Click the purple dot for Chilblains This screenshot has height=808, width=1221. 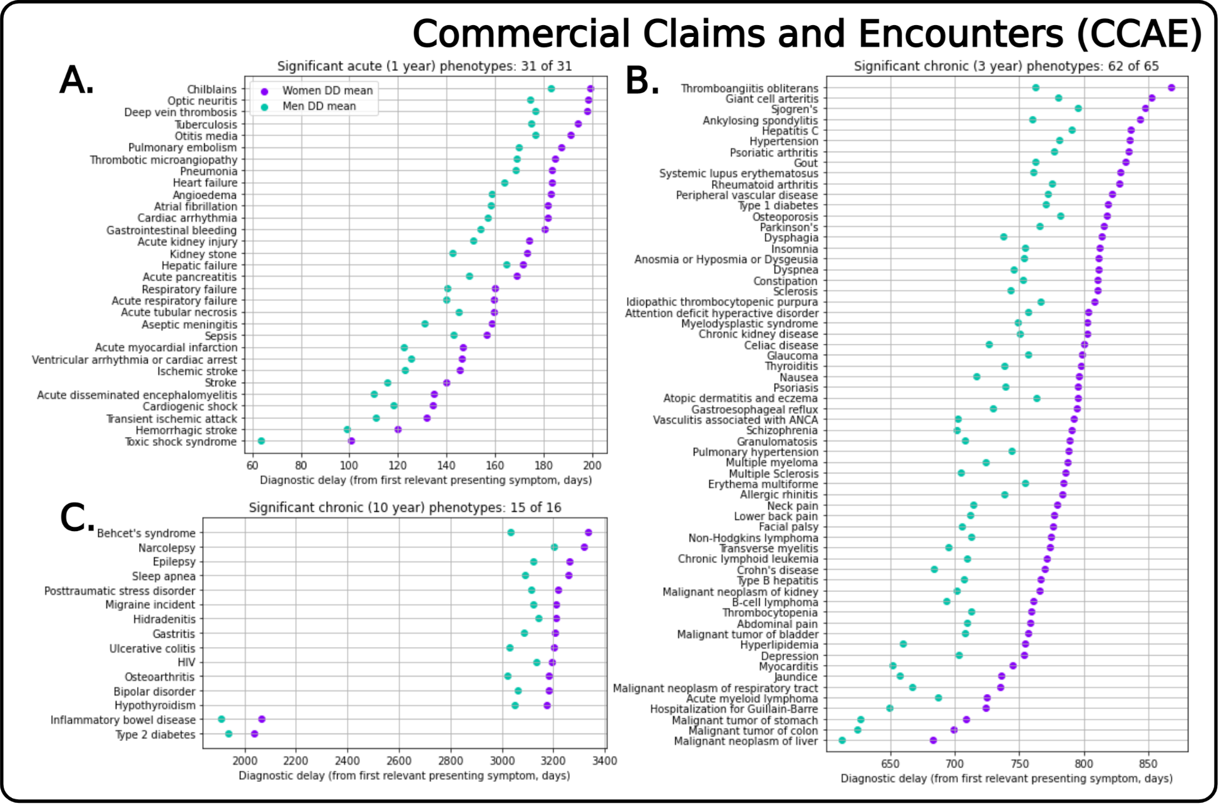[x=590, y=89]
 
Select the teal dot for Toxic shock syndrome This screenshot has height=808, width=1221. [x=261, y=442]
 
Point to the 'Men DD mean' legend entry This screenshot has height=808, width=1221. [x=319, y=106]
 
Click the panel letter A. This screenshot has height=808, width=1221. [x=76, y=81]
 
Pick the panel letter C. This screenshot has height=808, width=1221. [x=76, y=519]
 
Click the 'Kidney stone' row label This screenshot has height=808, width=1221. [x=203, y=254]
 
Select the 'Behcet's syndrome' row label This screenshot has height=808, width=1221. [x=146, y=534]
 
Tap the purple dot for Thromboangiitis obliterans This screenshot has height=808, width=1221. [x=1171, y=88]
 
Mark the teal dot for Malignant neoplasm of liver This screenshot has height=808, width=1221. [x=842, y=741]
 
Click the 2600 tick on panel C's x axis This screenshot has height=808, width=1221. [x=399, y=761]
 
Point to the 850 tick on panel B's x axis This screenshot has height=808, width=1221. [x=1148, y=764]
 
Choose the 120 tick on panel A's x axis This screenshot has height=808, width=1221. [x=398, y=466]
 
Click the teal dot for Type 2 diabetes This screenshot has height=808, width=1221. [x=229, y=734]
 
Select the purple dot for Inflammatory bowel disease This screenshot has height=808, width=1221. [x=262, y=719]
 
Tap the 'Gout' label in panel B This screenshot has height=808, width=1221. [x=805, y=163]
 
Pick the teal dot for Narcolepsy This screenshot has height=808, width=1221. [x=554, y=547]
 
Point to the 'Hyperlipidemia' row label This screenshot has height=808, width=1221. [x=779, y=645]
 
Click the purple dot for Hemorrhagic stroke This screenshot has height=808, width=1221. [x=398, y=430]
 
